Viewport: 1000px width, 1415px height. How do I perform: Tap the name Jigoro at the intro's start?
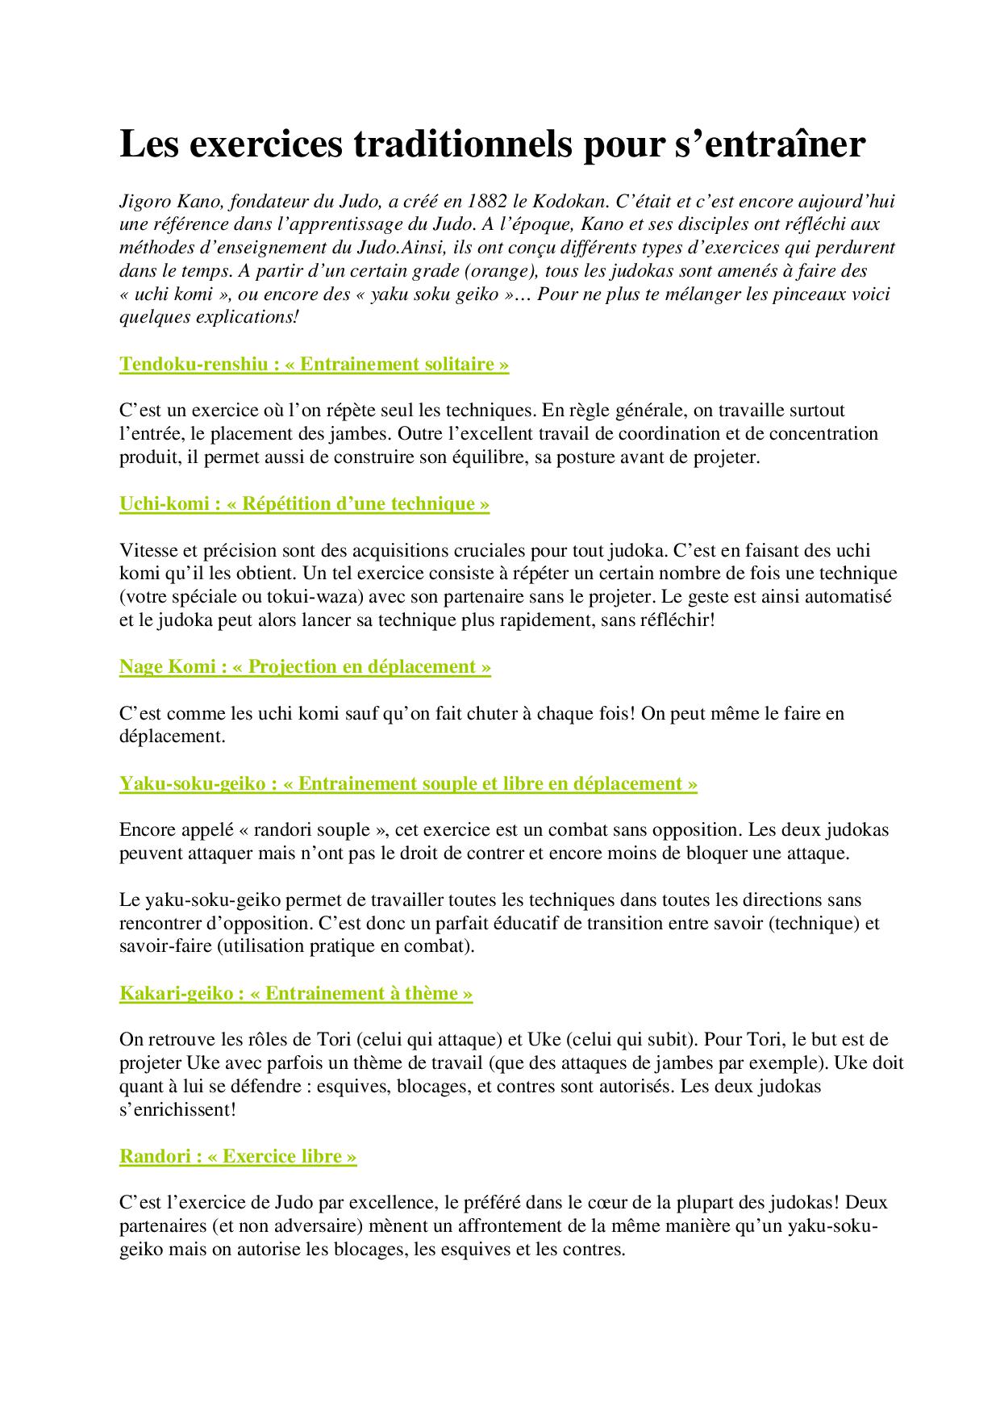click(145, 201)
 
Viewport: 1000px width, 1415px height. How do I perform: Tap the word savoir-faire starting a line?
click(165, 946)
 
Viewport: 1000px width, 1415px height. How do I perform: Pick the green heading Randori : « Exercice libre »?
click(238, 1157)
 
